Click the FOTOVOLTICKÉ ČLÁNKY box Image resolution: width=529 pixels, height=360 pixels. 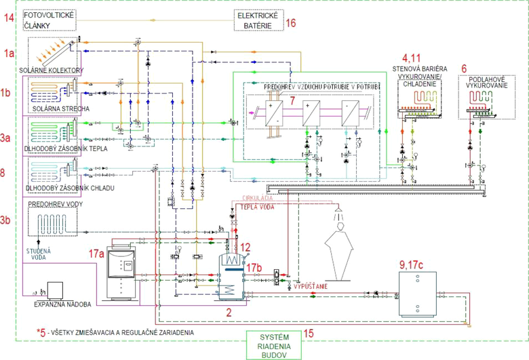(52, 20)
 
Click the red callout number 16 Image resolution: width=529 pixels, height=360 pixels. (291, 23)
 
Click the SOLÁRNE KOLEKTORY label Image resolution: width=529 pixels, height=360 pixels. (56, 71)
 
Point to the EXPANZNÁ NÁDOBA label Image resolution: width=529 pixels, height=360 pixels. (62, 304)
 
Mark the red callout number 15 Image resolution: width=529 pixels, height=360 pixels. (308, 333)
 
